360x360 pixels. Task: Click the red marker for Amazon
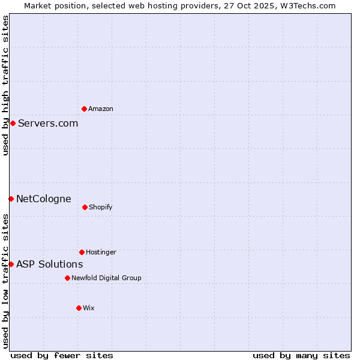(x=84, y=109)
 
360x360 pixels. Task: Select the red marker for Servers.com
(x=13, y=123)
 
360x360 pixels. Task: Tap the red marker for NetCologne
(x=11, y=199)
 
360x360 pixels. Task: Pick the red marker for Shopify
(x=85, y=207)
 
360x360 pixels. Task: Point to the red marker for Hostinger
(x=82, y=252)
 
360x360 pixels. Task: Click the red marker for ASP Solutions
(x=11, y=264)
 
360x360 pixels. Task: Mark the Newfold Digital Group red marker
(x=67, y=278)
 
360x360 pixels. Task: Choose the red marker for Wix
(x=79, y=308)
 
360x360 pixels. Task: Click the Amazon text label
(x=101, y=109)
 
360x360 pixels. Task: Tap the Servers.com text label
(x=48, y=124)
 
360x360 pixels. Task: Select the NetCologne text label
(x=44, y=199)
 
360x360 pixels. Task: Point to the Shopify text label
(x=101, y=207)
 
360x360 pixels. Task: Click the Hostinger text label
(x=101, y=252)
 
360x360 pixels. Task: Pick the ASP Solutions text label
(x=50, y=265)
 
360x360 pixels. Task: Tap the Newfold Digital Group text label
(x=106, y=278)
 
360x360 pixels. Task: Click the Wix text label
(x=89, y=308)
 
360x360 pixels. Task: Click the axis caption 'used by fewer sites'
(x=62, y=355)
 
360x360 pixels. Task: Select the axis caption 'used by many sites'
(x=301, y=355)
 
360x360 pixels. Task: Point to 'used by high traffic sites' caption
(x=5, y=86)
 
